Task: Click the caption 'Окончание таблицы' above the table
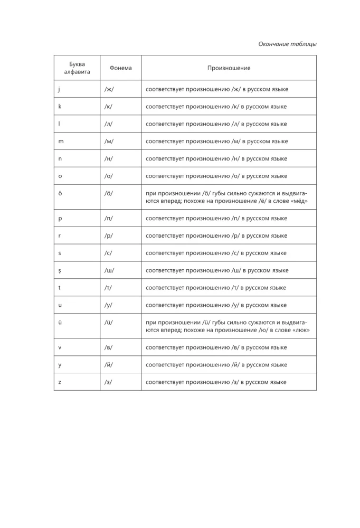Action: (x=287, y=44)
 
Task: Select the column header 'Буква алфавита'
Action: (x=77, y=68)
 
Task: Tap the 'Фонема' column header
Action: (x=121, y=68)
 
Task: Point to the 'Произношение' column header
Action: (x=229, y=68)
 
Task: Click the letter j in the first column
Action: (x=59, y=89)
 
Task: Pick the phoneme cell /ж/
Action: (x=109, y=89)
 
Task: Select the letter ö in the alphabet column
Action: (x=60, y=193)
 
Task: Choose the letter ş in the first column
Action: (x=60, y=270)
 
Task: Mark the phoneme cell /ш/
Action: (x=109, y=270)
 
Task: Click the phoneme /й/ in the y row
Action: (x=109, y=365)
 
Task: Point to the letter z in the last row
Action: (x=60, y=382)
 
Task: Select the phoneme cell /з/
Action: (x=108, y=382)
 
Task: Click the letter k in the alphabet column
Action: (x=60, y=107)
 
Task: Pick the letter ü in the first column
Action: (x=60, y=322)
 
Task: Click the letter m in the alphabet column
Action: (x=61, y=141)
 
